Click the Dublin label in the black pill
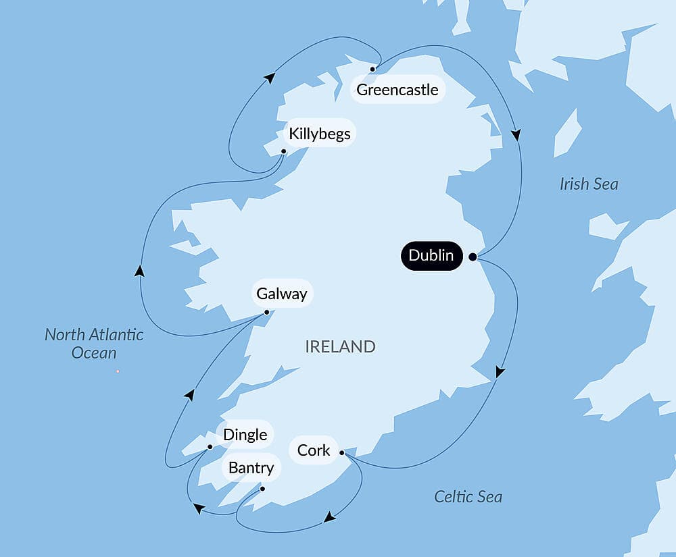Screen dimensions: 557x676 pyautogui.click(x=431, y=256)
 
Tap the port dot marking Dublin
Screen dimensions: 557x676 pyautogui.click(x=473, y=257)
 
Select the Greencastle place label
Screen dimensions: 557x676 pyautogui.click(x=397, y=90)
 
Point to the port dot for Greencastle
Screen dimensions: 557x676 pyautogui.click(x=372, y=69)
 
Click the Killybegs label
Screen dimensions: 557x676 pyautogui.click(x=319, y=134)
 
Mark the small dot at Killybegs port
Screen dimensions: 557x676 pyautogui.click(x=284, y=151)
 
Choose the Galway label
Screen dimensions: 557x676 pyautogui.click(x=282, y=294)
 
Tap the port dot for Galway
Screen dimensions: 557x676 pyautogui.click(x=267, y=312)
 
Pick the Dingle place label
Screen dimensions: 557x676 pyautogui.click(x=245, y=435)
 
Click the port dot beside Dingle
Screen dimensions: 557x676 pyautogui.click(x=210, y=446)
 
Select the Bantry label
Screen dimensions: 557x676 pyautogui.click(x=251, y=468)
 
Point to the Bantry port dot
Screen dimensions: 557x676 pyautogui.click(x=262, y=489)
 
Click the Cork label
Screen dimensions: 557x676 pyautogui.click(x=314, y=450)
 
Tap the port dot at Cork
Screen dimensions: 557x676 pyautogui.click(x=342, y=452)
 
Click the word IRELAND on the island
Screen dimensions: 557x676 pyautogui.click(x=340, y=347)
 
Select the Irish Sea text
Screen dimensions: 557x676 pyautogui.click(x=588, y=184)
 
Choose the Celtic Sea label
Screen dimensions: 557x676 pyautogui.click(x=468, y=497)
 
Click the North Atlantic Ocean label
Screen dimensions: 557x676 pyautogui.click(x=94, y=343)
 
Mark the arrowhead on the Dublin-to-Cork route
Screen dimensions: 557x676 pyautogui.click(x=500, y=372)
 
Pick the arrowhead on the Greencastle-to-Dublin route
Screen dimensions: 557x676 pyautogui.click(x=516, y=135)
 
